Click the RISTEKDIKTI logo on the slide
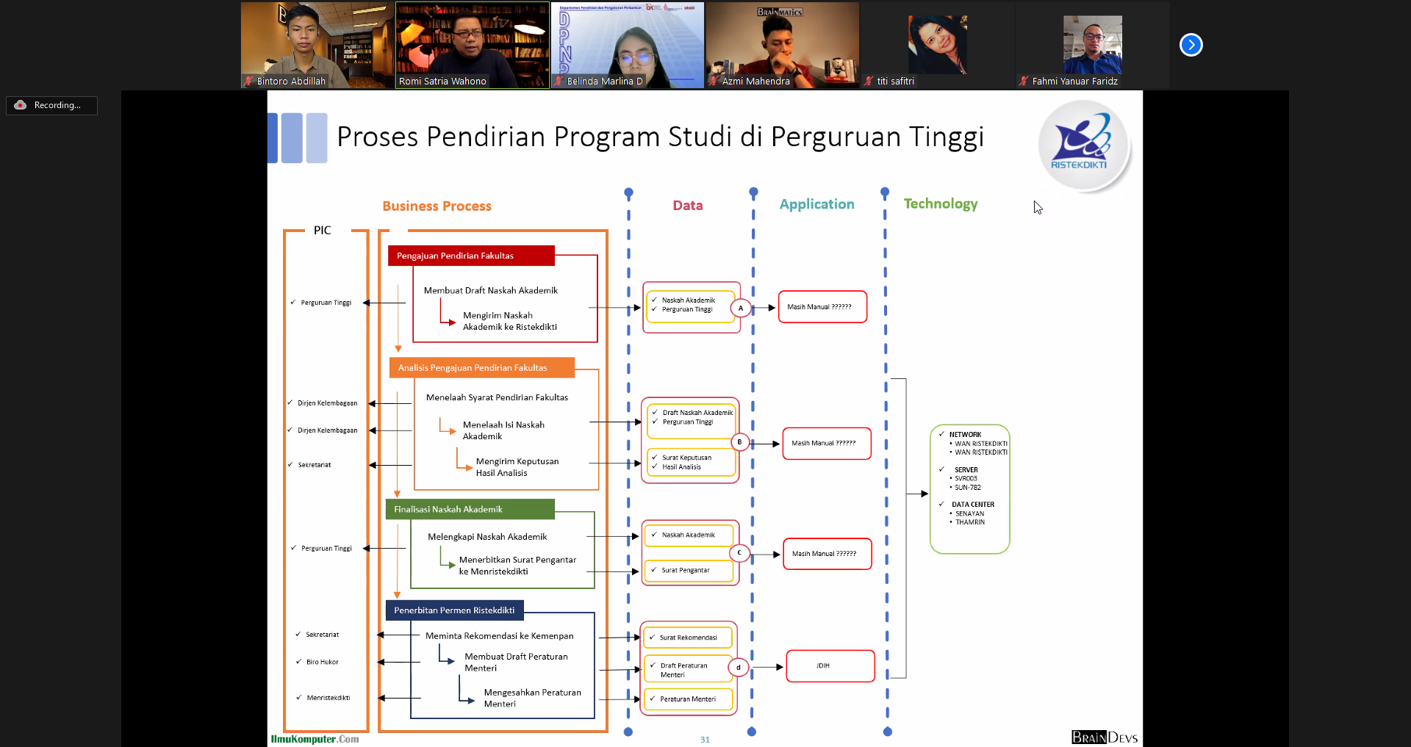pyautogui.click(x=1083, y=145)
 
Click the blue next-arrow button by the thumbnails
pyautogui.click(x=1191, y=45)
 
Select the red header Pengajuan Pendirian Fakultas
pyautogui.click(x=470, y=256)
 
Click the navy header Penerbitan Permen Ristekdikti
pyautogui.click(x=454, y=610)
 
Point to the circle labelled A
pyautogui.click(x=741, y=308)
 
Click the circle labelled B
pyautogui.click(x=739, y=442)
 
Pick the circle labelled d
pyautogui.click(x=739, y=668)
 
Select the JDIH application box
pyautogui.click(x=830, y=666)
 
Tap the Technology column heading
pyautogui.click(x=940, y=203)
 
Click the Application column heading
pyautogui.click(x=816, y=204)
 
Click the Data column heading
pyautogui.click(x=687, y=206)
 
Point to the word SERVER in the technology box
pyautogui.click(x=966, y=470)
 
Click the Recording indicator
pyautogui.click(x=51, y=105)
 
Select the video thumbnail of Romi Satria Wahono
pyautogui.click(x=472, y=44)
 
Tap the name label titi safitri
pyautogui.click(x=895, y=82)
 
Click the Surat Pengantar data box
pyautogui.click(x=689, y=570)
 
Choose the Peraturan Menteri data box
pyautogui.click(x=689, y=699)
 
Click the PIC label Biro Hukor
pyautogui.click(x=322, y=662)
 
